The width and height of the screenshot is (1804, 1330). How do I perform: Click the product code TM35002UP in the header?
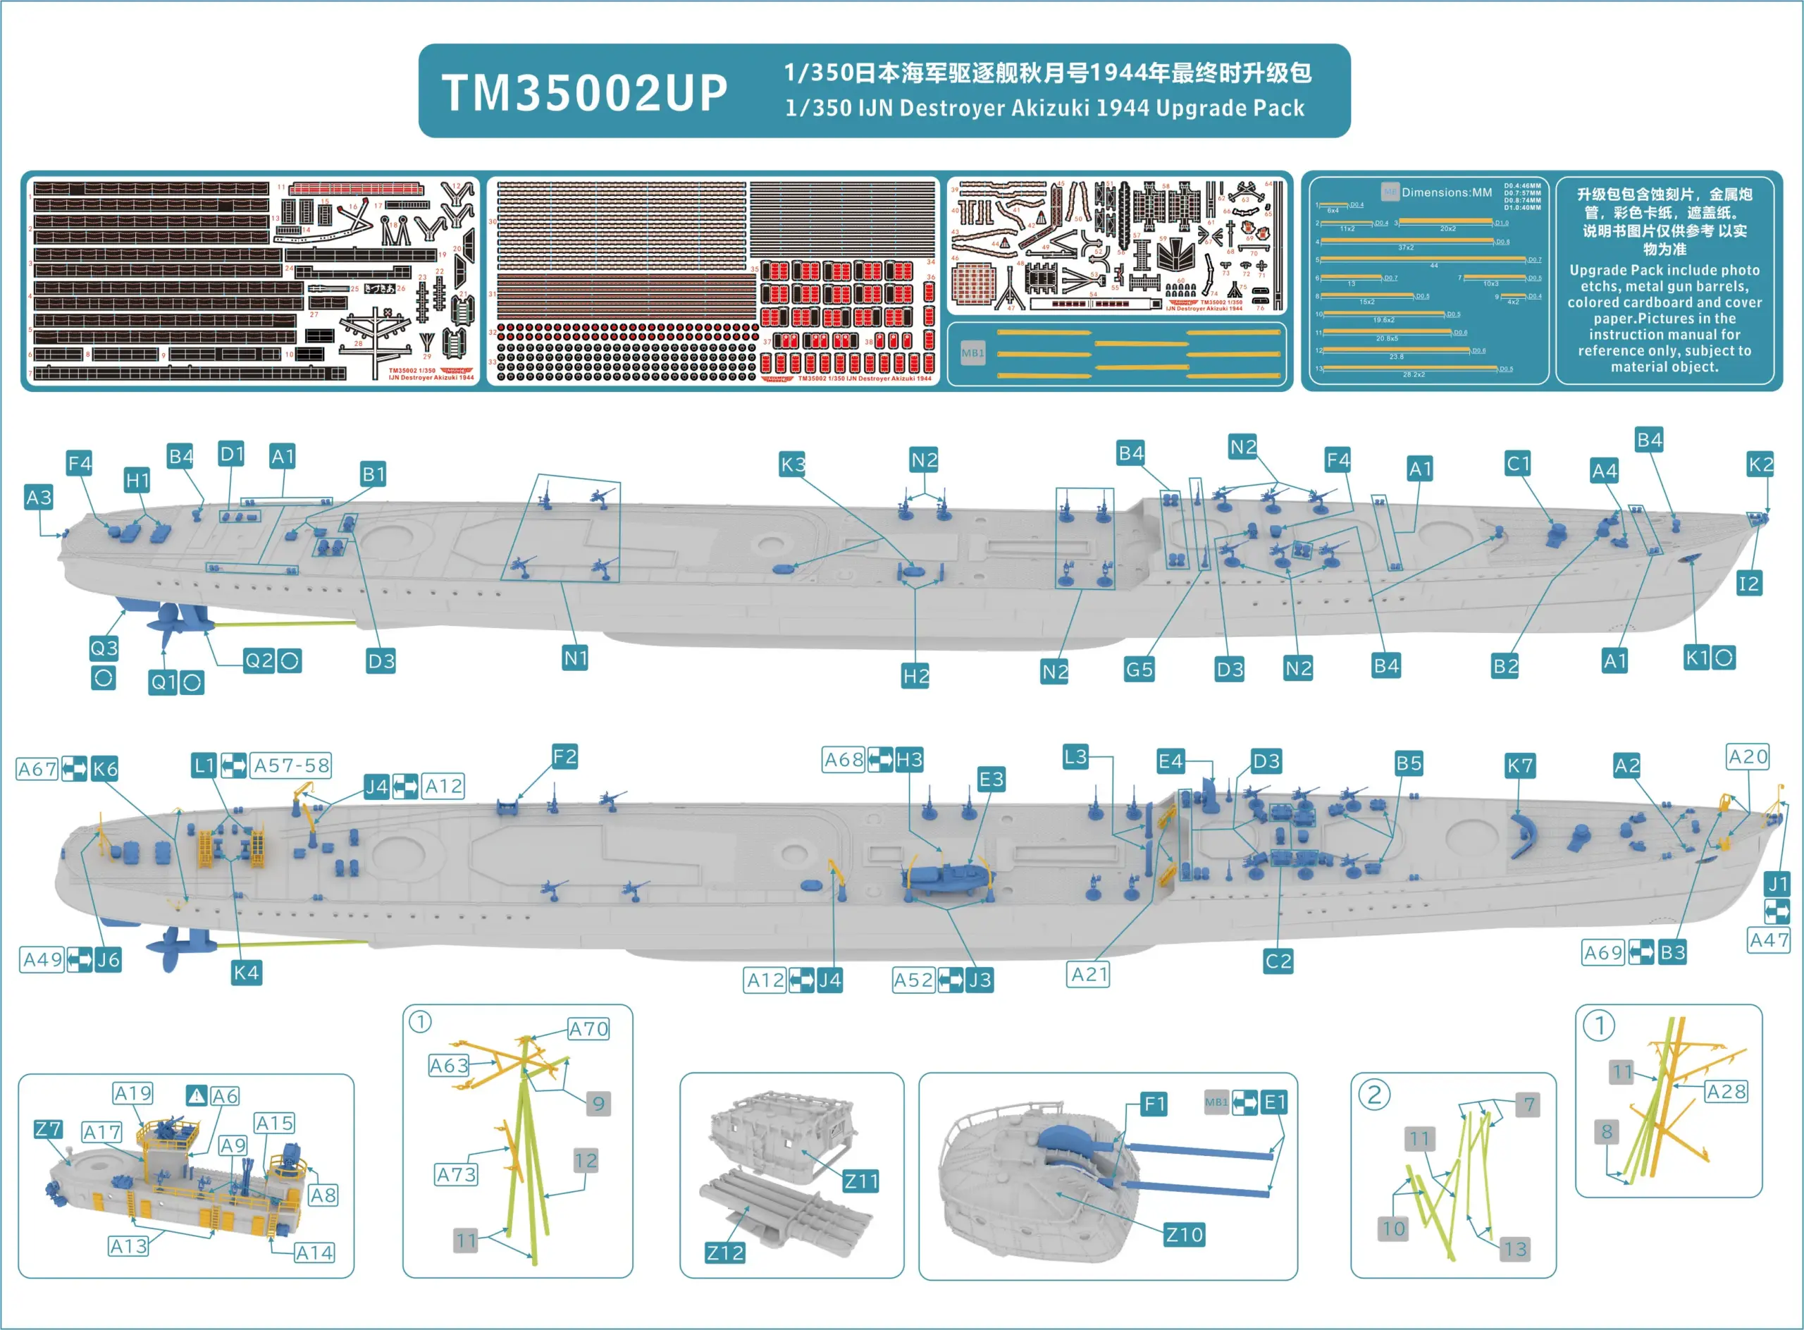(x=584, y=92)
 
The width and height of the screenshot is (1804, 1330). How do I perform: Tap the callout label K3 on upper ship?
(x=793, y=464)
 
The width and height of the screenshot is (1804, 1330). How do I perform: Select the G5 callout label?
(x=1139, y=669)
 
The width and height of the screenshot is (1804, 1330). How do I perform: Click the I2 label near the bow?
(x=1748, y=584)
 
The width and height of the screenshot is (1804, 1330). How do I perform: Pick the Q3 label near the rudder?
(x=104, y=648)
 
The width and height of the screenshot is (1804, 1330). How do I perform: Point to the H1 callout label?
(x=137, y=481)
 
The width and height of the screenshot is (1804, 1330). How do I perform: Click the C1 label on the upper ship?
(x=1517, y=464)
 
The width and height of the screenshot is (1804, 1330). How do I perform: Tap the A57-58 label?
(x=292, y=765)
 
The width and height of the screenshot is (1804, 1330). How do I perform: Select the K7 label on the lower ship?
(x=1519, y=765)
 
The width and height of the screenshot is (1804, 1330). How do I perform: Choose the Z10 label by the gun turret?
(x=1184, y=1235)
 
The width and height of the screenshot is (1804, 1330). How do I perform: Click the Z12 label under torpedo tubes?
(x=724, y=1252)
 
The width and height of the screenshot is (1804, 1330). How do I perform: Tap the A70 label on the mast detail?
(x=588, y=1029)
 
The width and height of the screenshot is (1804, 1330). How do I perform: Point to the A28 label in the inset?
(x=1726, y=1092)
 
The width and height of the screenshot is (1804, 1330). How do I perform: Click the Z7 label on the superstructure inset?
(x=49, y=1130)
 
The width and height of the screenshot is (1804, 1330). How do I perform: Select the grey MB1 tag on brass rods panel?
(x=972, y=352)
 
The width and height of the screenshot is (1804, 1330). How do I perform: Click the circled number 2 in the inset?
(x=1374, y=1095)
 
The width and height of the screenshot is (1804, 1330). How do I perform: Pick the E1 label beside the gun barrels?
(x=1274, y=1102)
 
